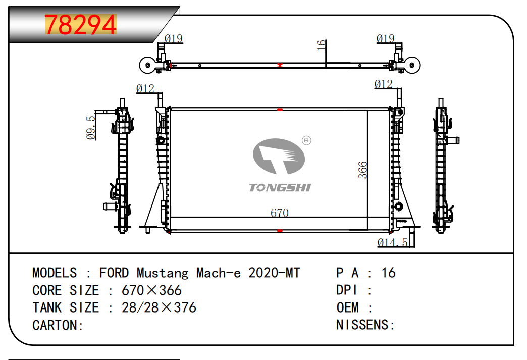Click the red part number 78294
tap(81, 25)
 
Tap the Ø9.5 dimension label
tap(91, 127)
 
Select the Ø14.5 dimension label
tap(393, 242)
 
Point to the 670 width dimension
tap(280, 213)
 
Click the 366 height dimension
tap(363, 170)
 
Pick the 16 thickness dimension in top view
tap(322, 45)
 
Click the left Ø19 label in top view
tap(174, 39)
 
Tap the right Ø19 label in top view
tap(386, 39)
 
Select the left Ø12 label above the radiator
tap(145, 89)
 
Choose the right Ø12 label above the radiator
tap(384, 84)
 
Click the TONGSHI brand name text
tap(280, 187)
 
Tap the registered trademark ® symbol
tap(306, 140)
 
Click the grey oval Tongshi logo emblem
tap(279, 157)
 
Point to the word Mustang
tap(163, 273)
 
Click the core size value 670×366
tap(151, 290)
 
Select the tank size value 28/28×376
tap(159, 307)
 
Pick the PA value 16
tap(388, 273)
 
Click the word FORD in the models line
tap(114, 273)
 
